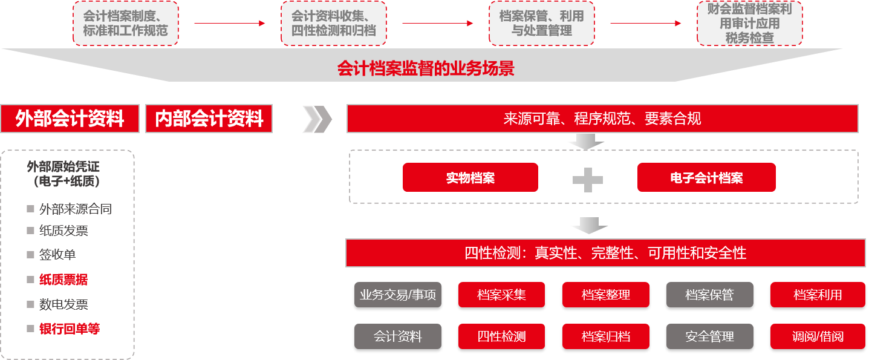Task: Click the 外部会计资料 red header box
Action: point(70,119)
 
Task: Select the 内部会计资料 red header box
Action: point(209,119)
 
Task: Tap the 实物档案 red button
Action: point(470,177)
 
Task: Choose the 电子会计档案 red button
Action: point(706,177)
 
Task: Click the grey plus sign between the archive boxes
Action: point(588,180)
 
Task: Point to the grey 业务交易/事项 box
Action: point(398,295)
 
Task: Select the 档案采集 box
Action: point(501,295)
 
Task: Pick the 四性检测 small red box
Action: point(501,336)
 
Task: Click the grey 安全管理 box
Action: point(709,336)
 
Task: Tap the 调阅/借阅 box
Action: point(818,336)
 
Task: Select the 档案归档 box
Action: point(605,336)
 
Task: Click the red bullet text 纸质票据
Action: point(63,280)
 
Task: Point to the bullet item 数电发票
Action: point(63,304)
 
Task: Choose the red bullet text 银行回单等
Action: point(70,329)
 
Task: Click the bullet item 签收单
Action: point(57,255)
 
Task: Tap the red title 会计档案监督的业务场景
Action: point(426,68)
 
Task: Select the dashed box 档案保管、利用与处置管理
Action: point(542,24)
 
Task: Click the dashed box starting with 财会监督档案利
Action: point(749,24)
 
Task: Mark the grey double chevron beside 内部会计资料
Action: point(317,119)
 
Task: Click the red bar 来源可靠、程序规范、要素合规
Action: point(602,119)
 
